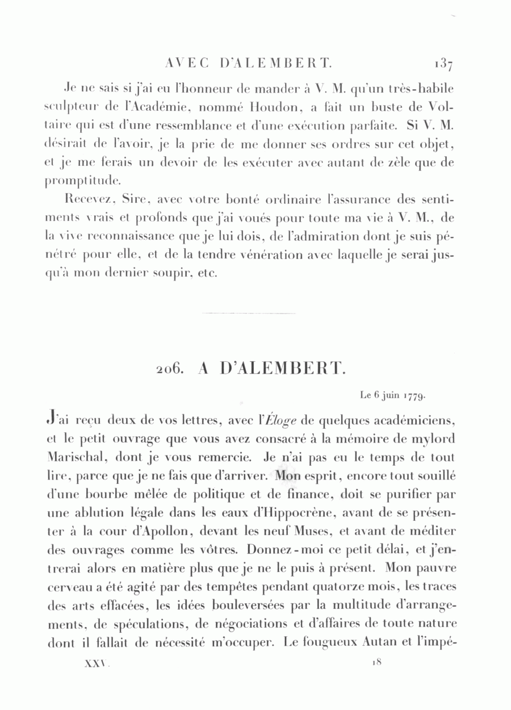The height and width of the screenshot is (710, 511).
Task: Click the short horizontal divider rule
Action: coord(249,313)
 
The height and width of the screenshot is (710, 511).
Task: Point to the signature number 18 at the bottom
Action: coord(377,662)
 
